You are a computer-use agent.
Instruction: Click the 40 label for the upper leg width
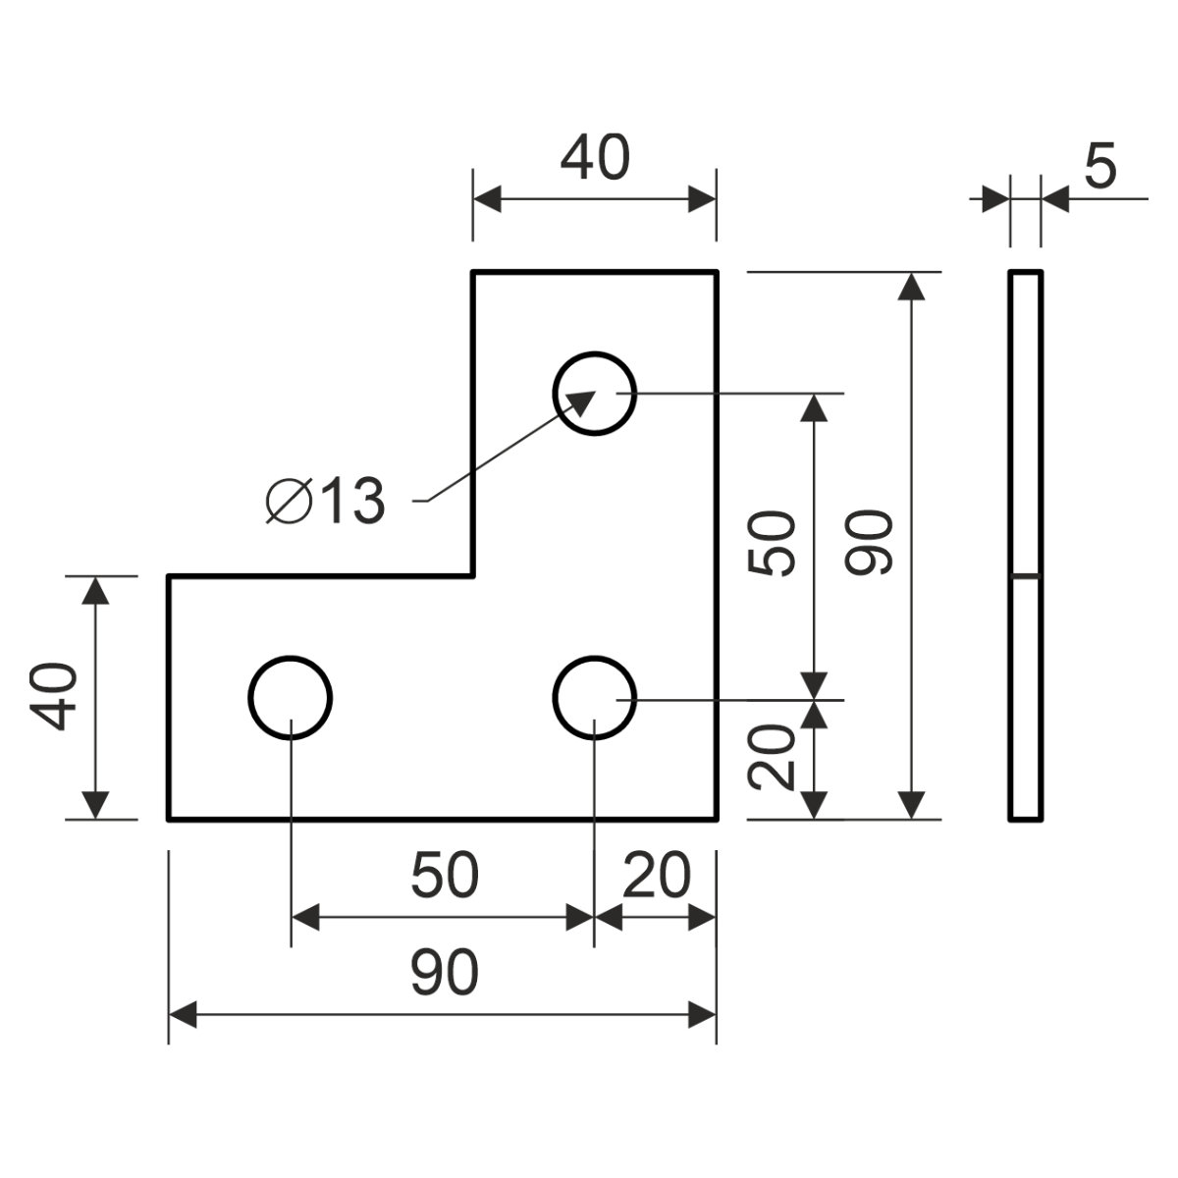tap(594, 159)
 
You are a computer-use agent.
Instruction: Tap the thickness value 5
tap(1100, 166)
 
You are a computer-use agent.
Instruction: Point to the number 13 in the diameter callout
tap(350, 502)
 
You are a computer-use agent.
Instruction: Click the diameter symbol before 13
tap(289, 502)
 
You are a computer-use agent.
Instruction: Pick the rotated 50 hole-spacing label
tap(771, 544)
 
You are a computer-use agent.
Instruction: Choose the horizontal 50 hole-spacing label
tap(445, 877)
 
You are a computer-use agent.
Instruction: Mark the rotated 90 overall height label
tap(869, 544)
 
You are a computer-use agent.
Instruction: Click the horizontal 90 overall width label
tap(445, 972)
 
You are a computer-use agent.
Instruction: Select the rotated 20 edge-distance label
tap(771, 758)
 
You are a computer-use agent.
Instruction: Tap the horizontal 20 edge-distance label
tap(656, 877)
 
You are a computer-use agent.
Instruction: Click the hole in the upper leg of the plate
tap(594, 393)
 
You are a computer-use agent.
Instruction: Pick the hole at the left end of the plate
tap(291, 697)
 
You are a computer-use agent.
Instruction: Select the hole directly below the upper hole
tap(594, 697)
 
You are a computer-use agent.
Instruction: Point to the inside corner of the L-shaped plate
tap(473, 575)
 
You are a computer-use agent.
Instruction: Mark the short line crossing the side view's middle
tap(1026, 574)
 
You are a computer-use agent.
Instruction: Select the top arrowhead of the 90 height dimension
tap(913, 288)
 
